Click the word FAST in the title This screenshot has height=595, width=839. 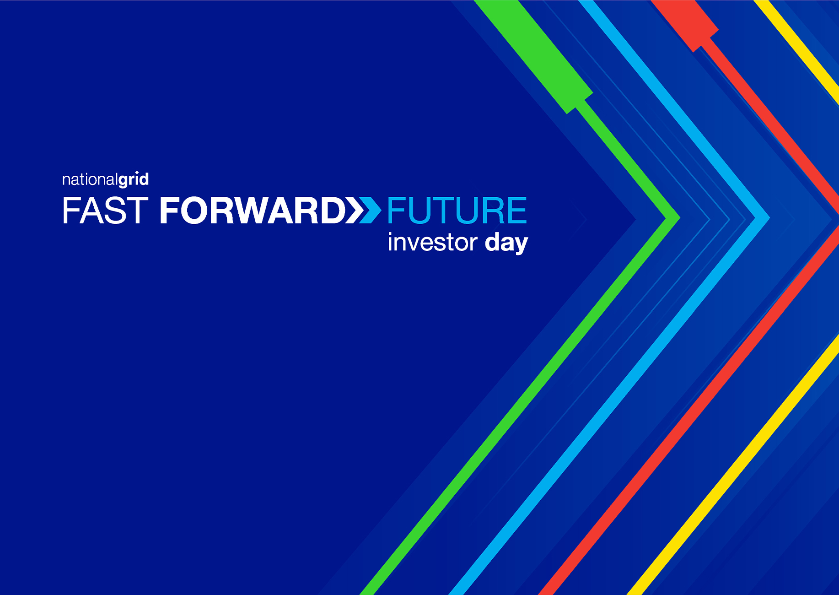click(x=105, y=211)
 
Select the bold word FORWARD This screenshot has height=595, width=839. click(x=253, y=211)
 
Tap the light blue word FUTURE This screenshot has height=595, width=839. click(x=457, y=211)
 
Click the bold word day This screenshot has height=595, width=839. click(x=506, y=243)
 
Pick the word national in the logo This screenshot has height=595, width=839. click(x=90, y=179)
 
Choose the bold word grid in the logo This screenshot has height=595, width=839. click(x=134, y=180)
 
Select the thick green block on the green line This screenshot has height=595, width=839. click(x=533, y=56)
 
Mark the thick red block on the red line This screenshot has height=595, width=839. click(x=685, y=25)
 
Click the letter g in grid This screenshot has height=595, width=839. click(x=124, y=182)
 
